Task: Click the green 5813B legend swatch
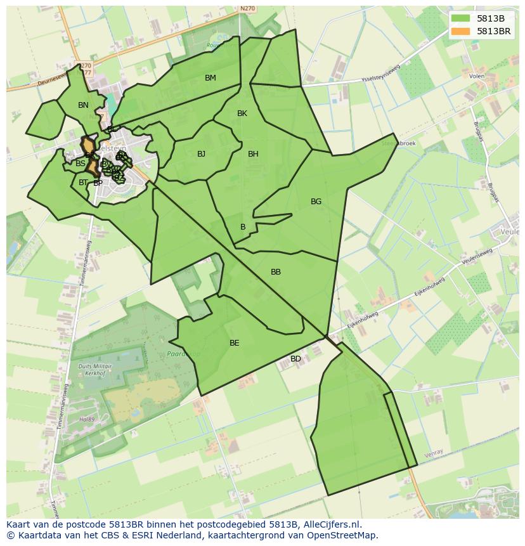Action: pos(461,18)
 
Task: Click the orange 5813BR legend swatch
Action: pos(461,31)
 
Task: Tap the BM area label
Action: pos(211,78)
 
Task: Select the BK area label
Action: pos(242,114)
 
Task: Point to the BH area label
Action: pos(253,154)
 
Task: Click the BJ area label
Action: pos(201,154)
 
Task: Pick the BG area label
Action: pos(316,202)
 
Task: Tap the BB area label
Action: pos(276,272)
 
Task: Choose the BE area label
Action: pos(235,343)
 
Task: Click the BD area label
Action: pos(295,359)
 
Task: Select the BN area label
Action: pos(83,105)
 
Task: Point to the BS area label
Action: pos(81,164)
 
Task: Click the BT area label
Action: pos(83,183)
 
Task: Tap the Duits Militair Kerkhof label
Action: pos(94,370)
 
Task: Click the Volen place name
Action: pos(477,76)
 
